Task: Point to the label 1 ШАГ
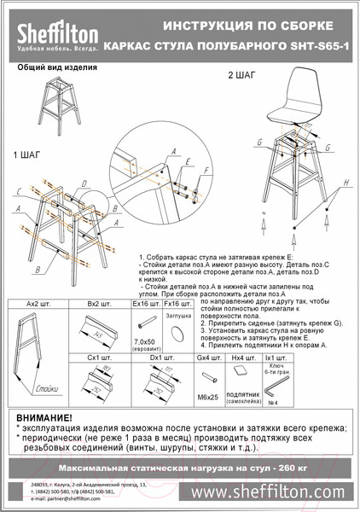(x=26, y=156)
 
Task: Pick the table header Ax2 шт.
(x=39, y=304)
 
